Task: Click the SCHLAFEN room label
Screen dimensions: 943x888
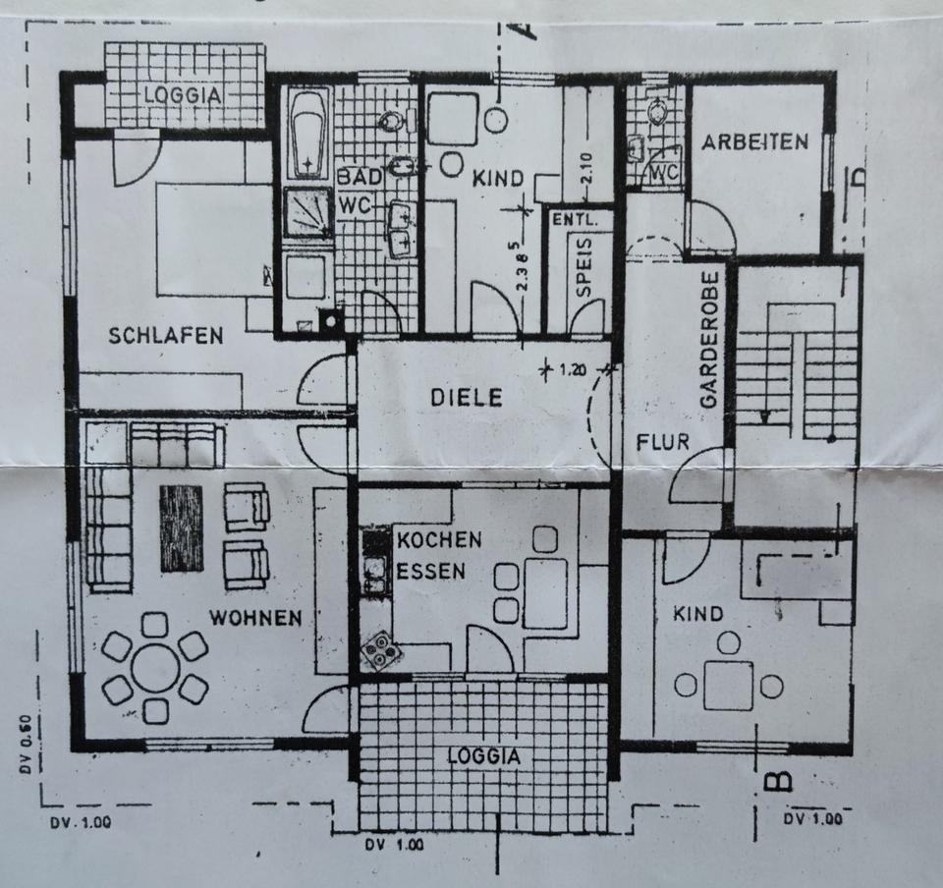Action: [x=165, y=336]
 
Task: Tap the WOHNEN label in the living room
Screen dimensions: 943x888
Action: [x=254, y=618]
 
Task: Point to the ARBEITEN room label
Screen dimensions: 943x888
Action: [x=754, y=141]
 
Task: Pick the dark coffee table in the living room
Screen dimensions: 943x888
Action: [x=181, y=527]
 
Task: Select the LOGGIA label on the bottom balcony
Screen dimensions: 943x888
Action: [x=483, y=756]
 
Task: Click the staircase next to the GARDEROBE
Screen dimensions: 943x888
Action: [x=798, y=373]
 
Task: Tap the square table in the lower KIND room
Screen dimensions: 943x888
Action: [x=728, y=685]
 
